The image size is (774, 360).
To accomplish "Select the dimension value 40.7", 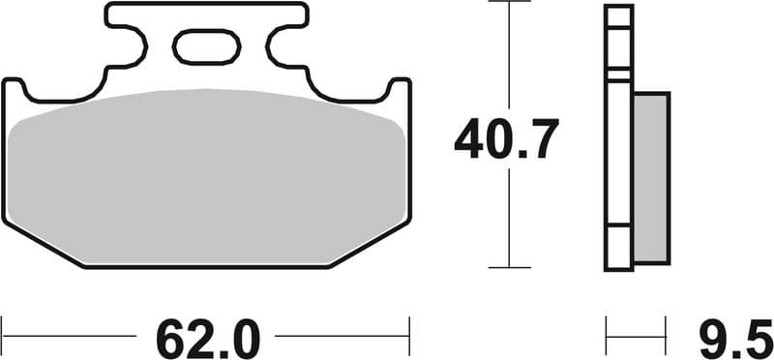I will point(506,141).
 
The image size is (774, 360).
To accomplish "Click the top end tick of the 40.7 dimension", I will point(509,3).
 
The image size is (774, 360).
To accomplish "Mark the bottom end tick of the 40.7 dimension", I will point(509,266).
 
